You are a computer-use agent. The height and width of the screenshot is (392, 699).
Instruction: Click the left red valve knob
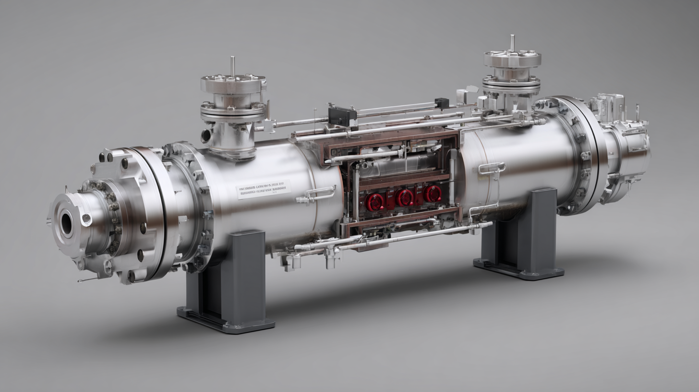(374, 201)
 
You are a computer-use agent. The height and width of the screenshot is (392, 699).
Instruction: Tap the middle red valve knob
(404, 197)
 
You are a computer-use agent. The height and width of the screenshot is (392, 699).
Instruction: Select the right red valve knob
(433, 193)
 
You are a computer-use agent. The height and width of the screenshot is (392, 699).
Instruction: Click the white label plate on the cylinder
(264, 189)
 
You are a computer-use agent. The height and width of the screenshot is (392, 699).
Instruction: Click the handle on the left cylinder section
(320, 193)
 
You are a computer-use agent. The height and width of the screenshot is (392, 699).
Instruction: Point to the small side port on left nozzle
(206, 135)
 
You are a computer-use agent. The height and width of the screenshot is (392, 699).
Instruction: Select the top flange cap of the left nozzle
(233, 83)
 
